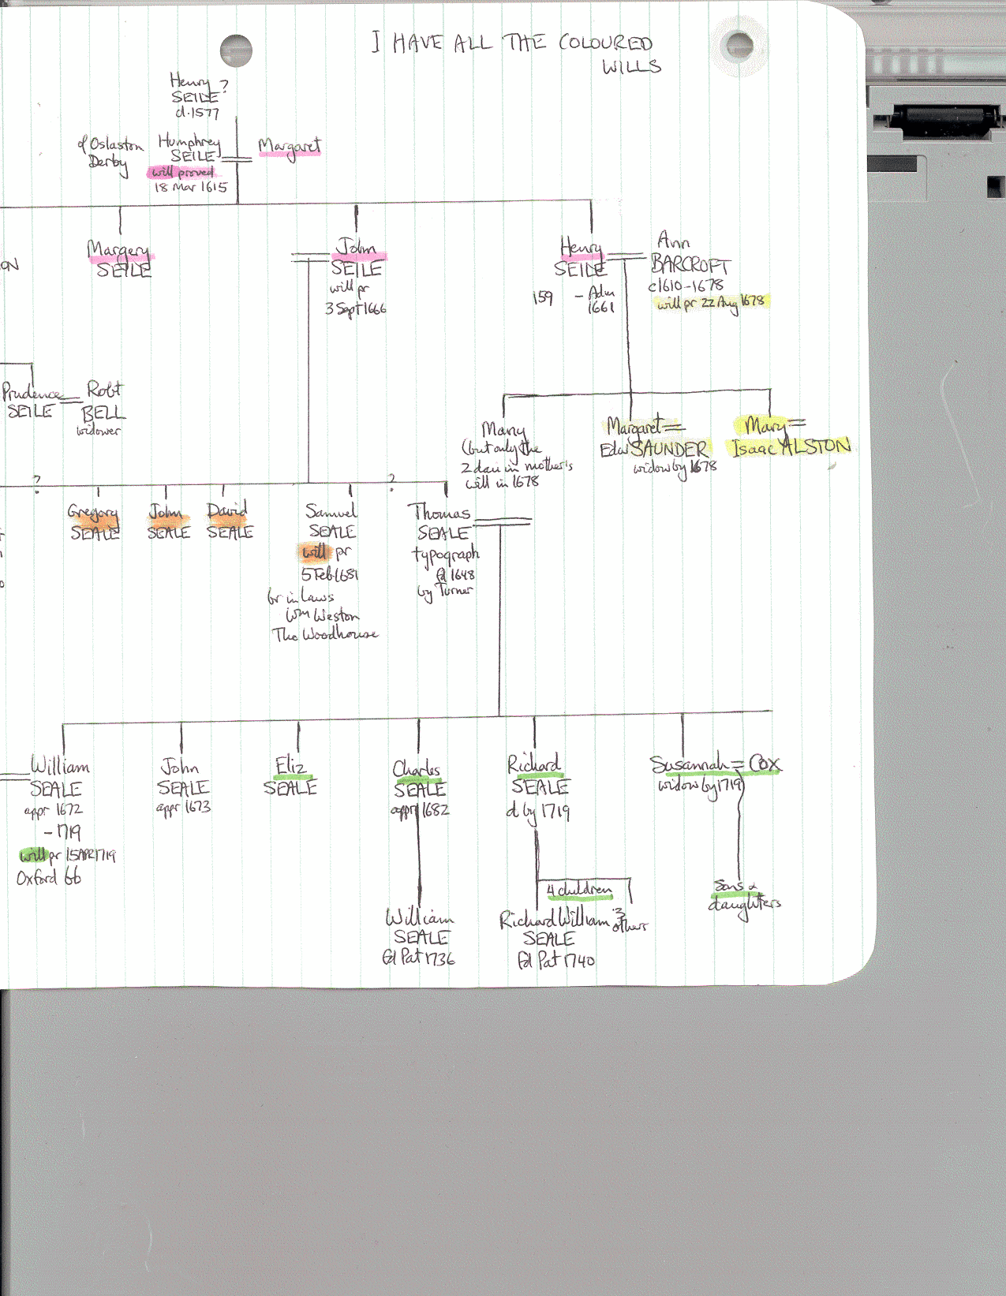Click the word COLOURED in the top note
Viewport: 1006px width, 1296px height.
605,43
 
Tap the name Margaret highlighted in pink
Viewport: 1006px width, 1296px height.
290,147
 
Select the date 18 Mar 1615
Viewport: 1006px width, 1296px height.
190,187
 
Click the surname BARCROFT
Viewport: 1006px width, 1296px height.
690,265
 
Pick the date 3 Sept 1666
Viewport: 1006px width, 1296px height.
356,308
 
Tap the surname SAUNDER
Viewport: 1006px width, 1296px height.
669,449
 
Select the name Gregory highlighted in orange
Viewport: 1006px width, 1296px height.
93,513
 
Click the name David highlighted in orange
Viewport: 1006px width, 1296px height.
227,511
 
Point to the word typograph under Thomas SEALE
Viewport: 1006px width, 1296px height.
445,555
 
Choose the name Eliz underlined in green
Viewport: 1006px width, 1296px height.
290,765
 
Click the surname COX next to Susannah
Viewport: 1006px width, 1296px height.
765,764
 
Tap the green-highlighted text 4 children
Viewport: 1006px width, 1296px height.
579,890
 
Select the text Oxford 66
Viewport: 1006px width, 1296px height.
49,877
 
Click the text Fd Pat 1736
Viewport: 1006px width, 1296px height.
418,958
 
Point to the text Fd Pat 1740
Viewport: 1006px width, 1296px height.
555,960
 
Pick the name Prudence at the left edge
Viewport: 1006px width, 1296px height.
32,392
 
